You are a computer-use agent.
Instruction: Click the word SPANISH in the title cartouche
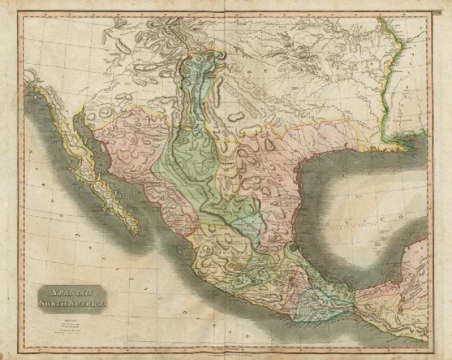72,293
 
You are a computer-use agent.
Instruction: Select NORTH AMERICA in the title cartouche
72,304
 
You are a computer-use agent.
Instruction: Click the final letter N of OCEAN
247,336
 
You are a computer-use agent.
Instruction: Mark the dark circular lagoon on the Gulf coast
294,248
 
